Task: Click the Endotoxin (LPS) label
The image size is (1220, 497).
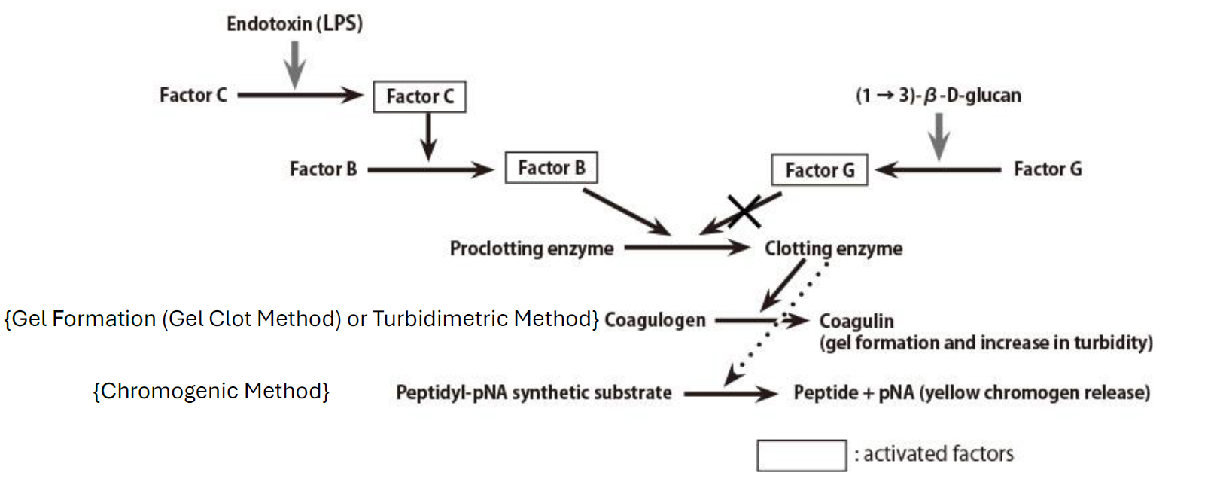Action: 294,23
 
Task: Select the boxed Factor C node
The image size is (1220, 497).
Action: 419,96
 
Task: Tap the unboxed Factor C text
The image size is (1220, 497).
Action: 193,95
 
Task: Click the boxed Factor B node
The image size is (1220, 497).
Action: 551,167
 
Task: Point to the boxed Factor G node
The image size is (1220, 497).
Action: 819,170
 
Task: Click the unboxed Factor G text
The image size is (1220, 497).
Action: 1047,169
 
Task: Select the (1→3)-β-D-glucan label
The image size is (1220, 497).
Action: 938,96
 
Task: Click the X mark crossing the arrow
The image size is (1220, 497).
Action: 744,210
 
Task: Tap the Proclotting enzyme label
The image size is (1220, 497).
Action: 531,248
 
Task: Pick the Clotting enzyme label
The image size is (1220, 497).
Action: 833,248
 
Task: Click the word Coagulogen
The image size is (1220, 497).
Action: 655,320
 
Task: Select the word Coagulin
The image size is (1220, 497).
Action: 856,321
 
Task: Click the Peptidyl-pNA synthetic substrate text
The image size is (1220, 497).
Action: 534,392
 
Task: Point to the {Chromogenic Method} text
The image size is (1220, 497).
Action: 211,391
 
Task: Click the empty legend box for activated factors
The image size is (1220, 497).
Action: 802,456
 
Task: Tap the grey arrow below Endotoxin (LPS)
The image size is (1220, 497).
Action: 295,64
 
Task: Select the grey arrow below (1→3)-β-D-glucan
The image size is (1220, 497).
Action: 939,136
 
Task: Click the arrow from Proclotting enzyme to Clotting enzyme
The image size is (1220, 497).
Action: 686,247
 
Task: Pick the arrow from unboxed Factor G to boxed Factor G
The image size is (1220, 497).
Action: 938,169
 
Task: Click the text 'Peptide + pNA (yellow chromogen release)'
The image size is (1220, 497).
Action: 971,392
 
